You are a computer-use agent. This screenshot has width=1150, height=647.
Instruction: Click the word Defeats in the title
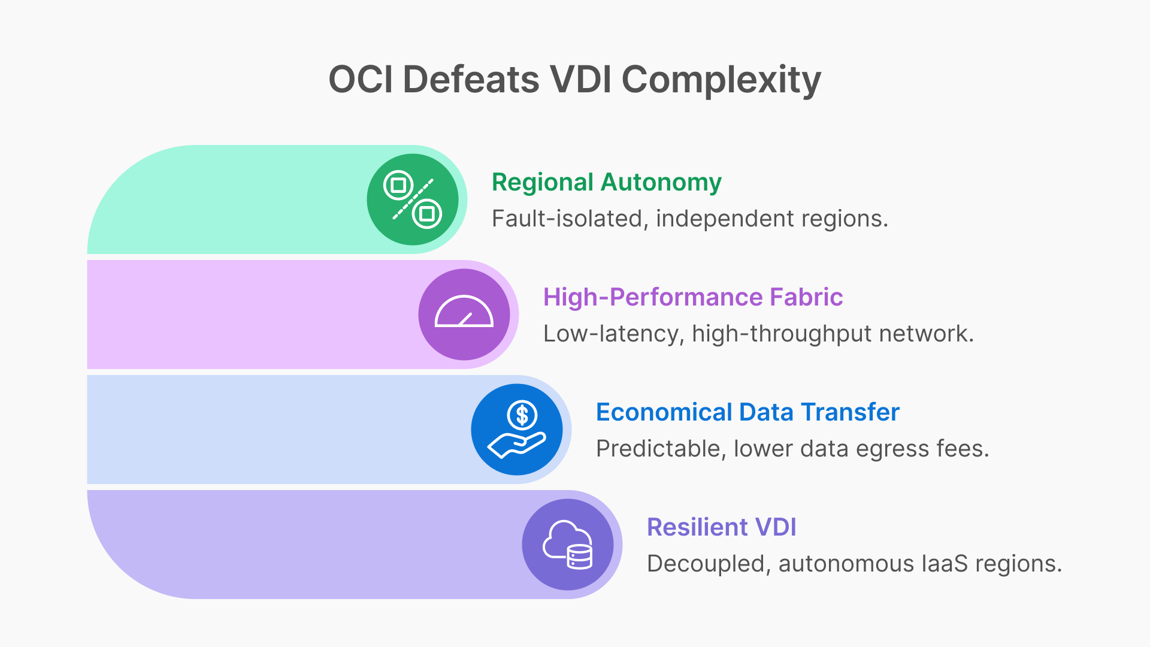click(x=471, y=79)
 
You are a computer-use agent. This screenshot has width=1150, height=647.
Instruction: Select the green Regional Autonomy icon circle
click(x=413, y=199)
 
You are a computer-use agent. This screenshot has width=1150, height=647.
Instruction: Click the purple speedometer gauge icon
click(x=464, y=315)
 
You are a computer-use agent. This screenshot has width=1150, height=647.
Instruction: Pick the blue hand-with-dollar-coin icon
click(x=517, y=430)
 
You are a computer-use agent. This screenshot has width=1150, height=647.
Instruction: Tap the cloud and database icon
click(x=568, y=545)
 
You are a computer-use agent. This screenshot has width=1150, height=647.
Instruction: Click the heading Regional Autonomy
click(x=606, y=182)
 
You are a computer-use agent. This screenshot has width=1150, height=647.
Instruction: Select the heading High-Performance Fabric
click(x=692, y=297)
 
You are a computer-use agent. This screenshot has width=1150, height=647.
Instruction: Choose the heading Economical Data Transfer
click(x=747, y=412)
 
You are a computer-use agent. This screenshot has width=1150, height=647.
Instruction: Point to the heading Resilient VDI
click(x=721, y=527)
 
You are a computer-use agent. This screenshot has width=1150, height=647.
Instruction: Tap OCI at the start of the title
click(x=360, y=79)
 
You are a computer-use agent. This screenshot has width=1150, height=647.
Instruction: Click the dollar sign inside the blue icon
click(x=522, y=415)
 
